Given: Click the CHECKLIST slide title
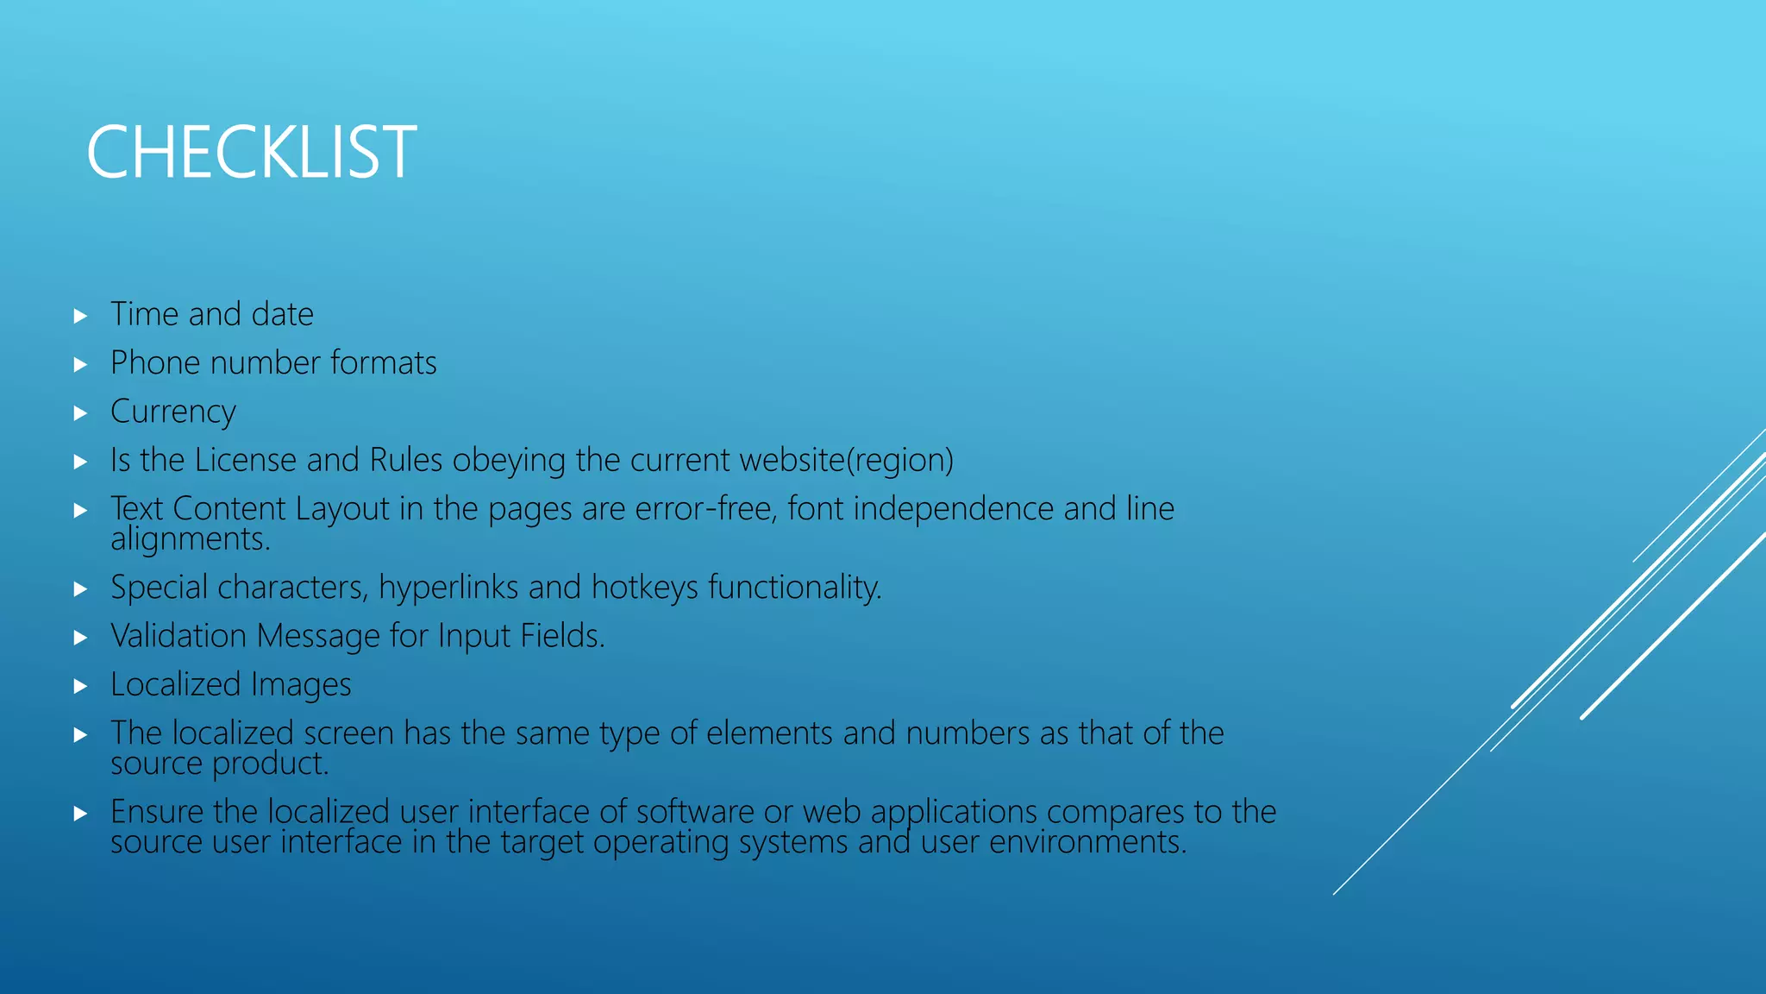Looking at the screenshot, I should (251, 153).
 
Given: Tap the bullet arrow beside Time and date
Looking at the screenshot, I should (80, 316).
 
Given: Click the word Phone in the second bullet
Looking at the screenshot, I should (156, 363).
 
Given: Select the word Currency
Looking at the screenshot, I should (172, 412).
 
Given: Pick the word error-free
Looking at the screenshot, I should (706, 509).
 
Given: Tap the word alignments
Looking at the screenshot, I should (191, 539).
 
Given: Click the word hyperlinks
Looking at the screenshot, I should (448, 588).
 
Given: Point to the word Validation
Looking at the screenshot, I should (178, 636).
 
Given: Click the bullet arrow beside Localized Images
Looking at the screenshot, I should (80, 687).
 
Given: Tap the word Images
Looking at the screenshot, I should (301, 685).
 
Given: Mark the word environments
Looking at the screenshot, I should (1087, 842).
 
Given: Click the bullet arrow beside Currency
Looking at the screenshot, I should (80, 413).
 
